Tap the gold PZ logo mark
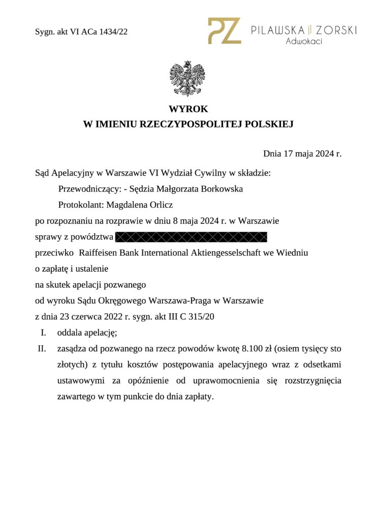coord(224,30)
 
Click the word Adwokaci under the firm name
coord(304,41)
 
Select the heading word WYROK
coord(188,109)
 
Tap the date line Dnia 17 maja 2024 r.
coord(302,153)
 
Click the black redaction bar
coord(191,237)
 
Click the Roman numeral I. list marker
coord(44,333)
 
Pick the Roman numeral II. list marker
coord(42,349)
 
